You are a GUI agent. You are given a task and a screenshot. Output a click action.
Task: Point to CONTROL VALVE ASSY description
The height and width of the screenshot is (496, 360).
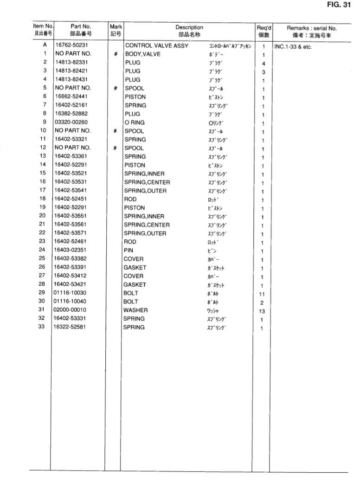coord(155,45)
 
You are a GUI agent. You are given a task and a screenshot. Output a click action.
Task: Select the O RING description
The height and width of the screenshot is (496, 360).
coord(135,122)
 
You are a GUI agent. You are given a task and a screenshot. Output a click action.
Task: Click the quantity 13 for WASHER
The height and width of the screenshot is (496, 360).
coord(263,310)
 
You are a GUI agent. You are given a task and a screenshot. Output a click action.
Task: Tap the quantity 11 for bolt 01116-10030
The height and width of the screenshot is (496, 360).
coord(263,294)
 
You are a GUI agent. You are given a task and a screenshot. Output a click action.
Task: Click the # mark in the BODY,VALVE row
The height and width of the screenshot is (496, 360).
coord(115,54)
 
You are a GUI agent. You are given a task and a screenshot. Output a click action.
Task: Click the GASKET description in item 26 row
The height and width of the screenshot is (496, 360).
coord(135,268)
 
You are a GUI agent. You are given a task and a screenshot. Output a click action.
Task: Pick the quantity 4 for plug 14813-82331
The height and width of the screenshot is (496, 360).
coord(263,63)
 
